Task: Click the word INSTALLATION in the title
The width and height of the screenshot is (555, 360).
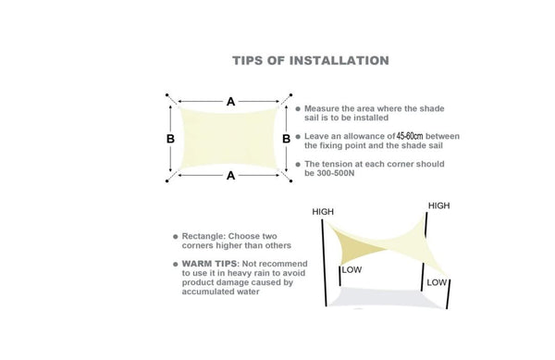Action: pyautogui.click(x=339, y=60)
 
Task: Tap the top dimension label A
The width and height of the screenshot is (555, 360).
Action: pyautogui.click(x=230, y=102)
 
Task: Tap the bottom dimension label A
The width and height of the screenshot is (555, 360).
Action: pyautogui.click(x=230, y=175)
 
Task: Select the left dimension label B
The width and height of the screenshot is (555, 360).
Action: pyautogui.click(x=170, y=139)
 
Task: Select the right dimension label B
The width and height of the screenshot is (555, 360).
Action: pyautogui.click(x=287, y=139)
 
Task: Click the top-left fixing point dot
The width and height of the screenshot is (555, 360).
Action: pyautogui.click(x=167, y=95)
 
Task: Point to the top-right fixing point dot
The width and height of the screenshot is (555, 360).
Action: pyautogui.click(x=291, y=95)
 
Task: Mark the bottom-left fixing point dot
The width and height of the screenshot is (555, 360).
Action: pyautogui.click(x=167, y=180)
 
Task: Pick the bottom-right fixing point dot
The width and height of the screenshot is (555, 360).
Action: pyautogui.click(x=291, y=180)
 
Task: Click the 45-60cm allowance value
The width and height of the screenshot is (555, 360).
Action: pyautogui.click(x=410, y=136)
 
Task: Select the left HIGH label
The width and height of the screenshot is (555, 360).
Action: pyautogui.click(x=323, y=212)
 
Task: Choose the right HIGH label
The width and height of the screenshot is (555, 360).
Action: pyautogui.click(x=438, y=205)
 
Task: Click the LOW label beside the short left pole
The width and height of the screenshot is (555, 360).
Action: pyautogui.click(x=351, y=269)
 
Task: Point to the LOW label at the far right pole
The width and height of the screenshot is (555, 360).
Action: pyautogui.click(x=437, y=282)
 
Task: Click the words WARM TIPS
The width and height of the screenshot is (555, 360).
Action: pyautogui.click(x=209, y=264)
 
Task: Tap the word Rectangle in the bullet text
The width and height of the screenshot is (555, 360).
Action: pyautogui.click(x=203, y=236)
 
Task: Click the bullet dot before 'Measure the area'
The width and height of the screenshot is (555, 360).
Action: pyautogui.click(x=298, y=108)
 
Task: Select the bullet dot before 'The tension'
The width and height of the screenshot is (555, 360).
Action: pyautogui.click(x=298, y=164)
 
